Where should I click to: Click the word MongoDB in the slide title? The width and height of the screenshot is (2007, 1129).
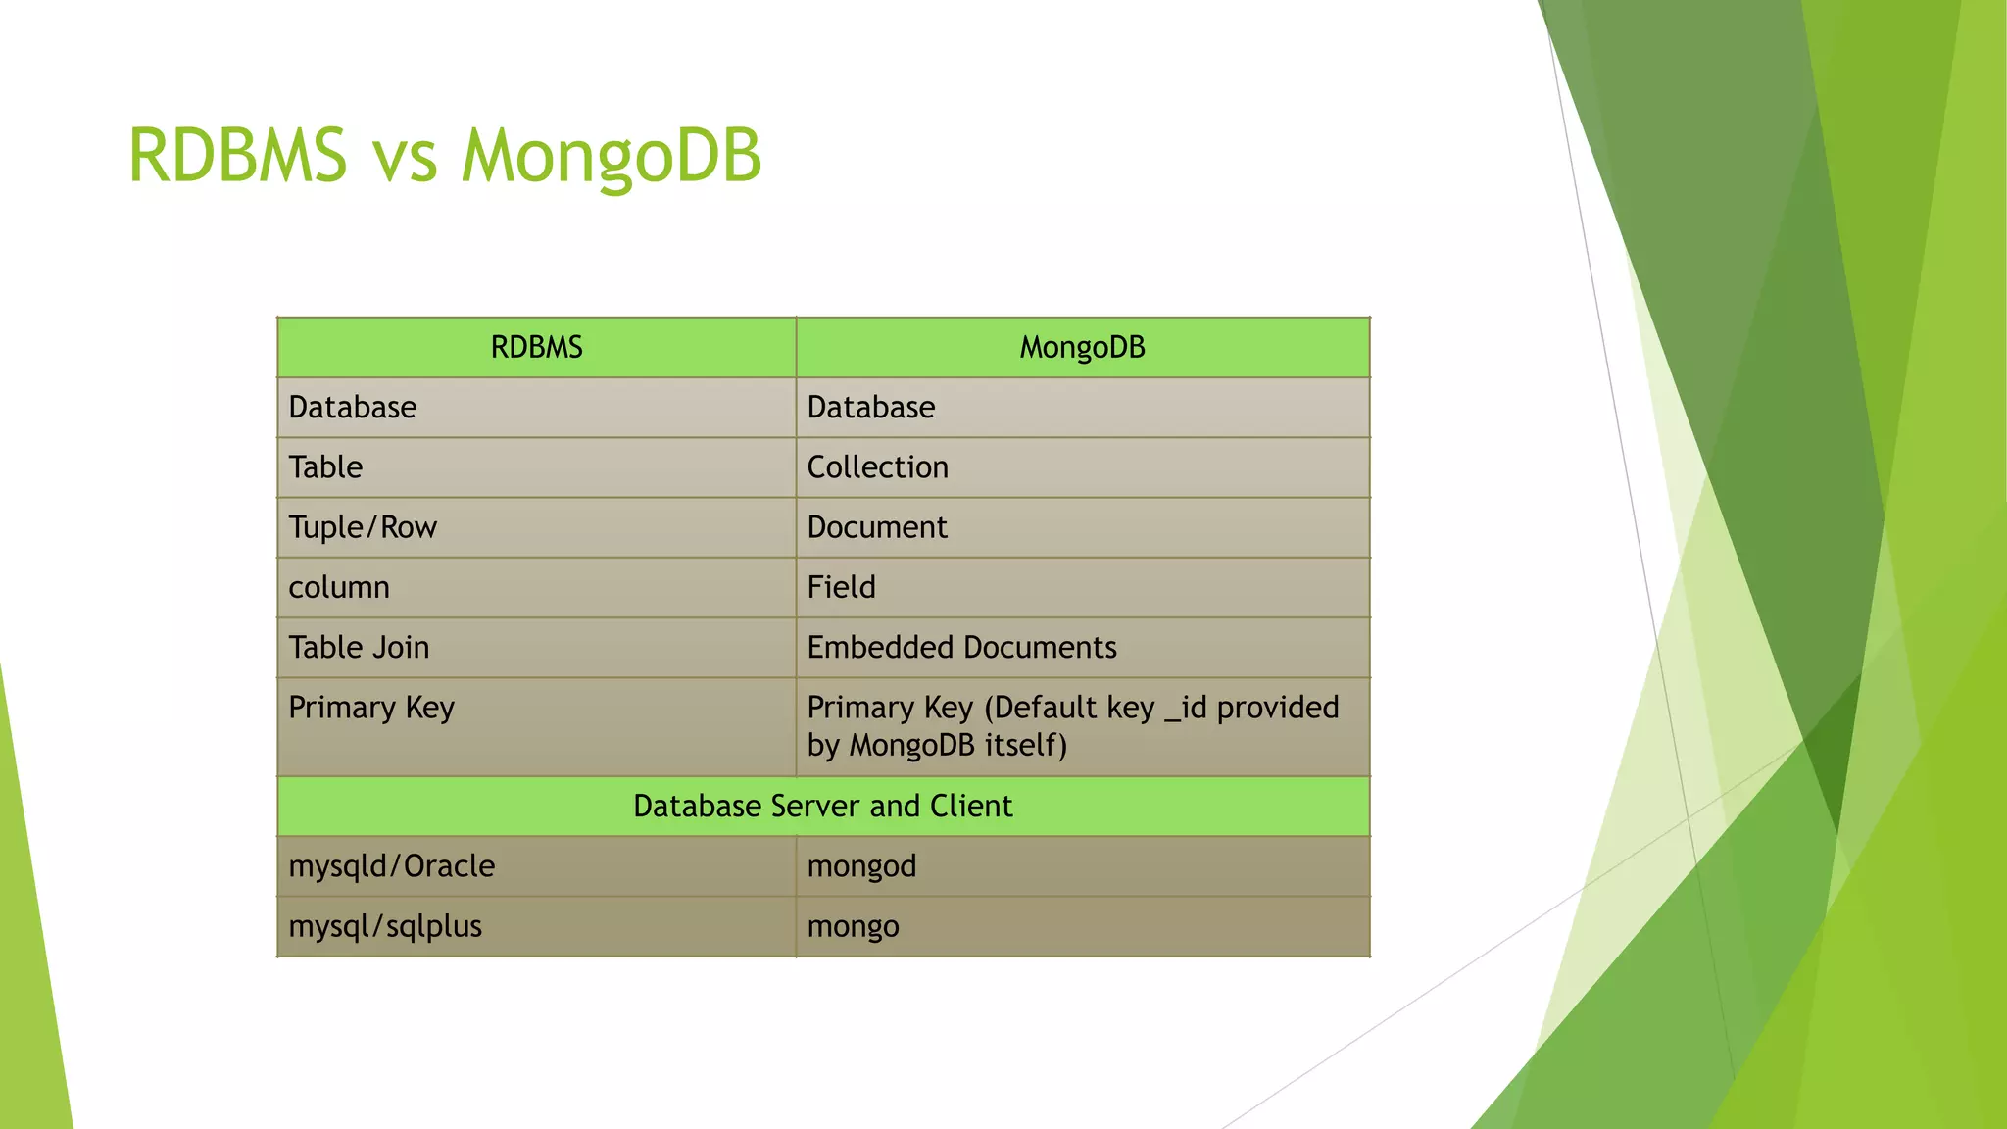pos(611,157)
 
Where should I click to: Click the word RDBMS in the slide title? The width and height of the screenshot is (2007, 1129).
pos(237,157)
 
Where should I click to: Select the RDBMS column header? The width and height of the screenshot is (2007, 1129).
pos(536,348)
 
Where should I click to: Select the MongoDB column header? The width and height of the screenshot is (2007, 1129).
pos(1082,348)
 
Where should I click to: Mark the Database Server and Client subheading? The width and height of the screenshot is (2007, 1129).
pos(822,807)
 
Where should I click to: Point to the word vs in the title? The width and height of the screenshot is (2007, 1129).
pos(404,157)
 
